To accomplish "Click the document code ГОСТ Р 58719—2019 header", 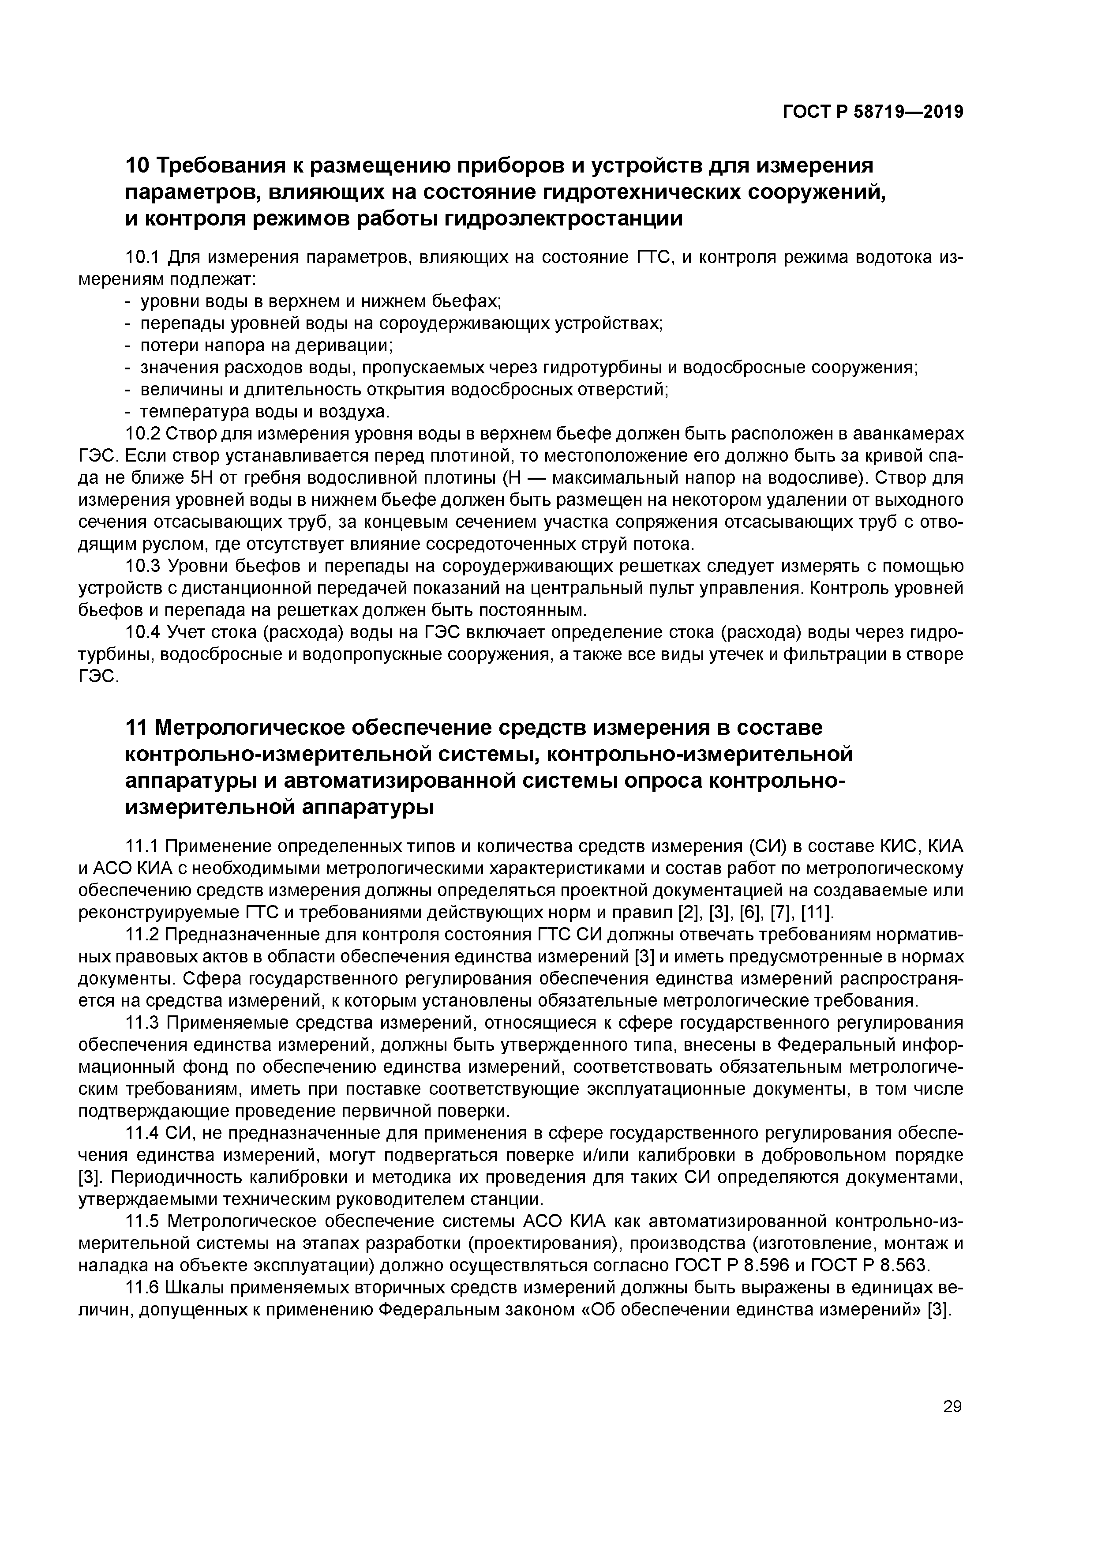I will (872, 112).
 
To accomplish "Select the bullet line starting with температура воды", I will (264, 411).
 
